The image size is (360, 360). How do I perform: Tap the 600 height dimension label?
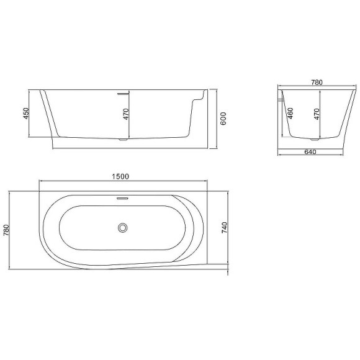pos(223,120)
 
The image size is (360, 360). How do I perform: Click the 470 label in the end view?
pos(317,115)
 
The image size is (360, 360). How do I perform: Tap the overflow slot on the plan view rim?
pos(121,199)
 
